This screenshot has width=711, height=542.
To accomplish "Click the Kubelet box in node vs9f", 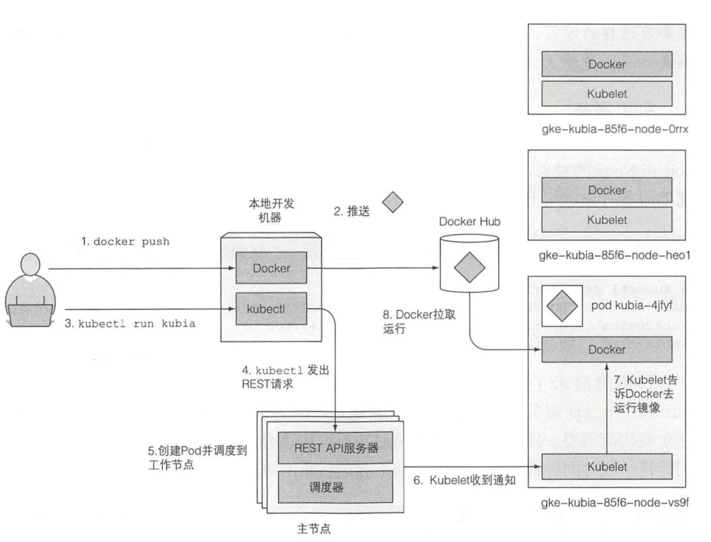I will pos(606,466).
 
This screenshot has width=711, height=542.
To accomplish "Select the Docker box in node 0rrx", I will pos(606,64).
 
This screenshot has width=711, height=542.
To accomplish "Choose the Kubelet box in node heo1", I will pos(606,219).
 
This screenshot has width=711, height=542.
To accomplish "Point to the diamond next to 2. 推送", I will pos(393,202).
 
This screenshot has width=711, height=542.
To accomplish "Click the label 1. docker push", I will pos(125,242).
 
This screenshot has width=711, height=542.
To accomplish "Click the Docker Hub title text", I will pos(469,223).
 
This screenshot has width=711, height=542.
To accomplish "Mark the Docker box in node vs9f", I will pos(606,350).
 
